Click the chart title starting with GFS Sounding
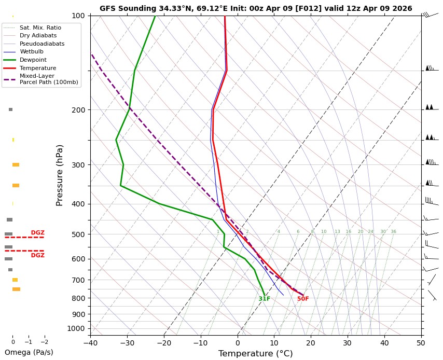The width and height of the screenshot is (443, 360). tap(256, 8)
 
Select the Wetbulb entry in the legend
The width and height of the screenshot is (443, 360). tap(31, 52)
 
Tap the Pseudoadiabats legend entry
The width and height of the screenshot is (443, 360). tap(42, 44)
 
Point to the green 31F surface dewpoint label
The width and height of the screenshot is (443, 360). tap(265, 299)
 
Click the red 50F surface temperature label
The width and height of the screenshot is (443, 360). tap(303, 299)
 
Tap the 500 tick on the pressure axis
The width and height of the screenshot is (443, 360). tap(78, 234)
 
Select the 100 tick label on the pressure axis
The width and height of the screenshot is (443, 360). tap(78, 16)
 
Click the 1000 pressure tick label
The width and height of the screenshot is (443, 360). tap(76, 328)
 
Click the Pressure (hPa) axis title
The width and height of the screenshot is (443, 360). tap(60, 175)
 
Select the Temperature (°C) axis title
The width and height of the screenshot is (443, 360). tap(256, 354)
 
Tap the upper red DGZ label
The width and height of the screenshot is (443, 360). tap(37, 233)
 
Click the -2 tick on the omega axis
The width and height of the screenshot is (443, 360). tap(44, 342)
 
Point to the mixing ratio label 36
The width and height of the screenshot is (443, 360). tap(393, 232)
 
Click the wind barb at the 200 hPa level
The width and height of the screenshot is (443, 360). tap(430, 107)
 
